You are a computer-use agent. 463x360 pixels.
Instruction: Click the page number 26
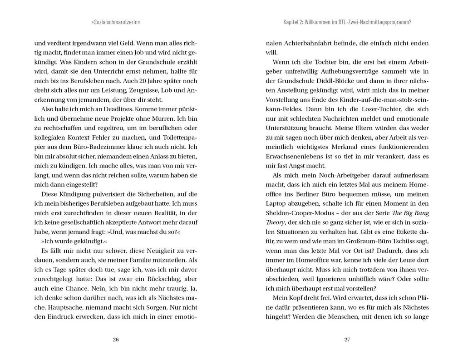pos(115,340)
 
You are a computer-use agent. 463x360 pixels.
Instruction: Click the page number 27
pos(347,340)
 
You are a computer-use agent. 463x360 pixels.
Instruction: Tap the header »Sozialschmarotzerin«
pos(116,22)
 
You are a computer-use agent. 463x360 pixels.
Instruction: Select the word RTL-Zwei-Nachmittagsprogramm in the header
pos(373,22)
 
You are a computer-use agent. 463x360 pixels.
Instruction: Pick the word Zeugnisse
pos(139,90)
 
